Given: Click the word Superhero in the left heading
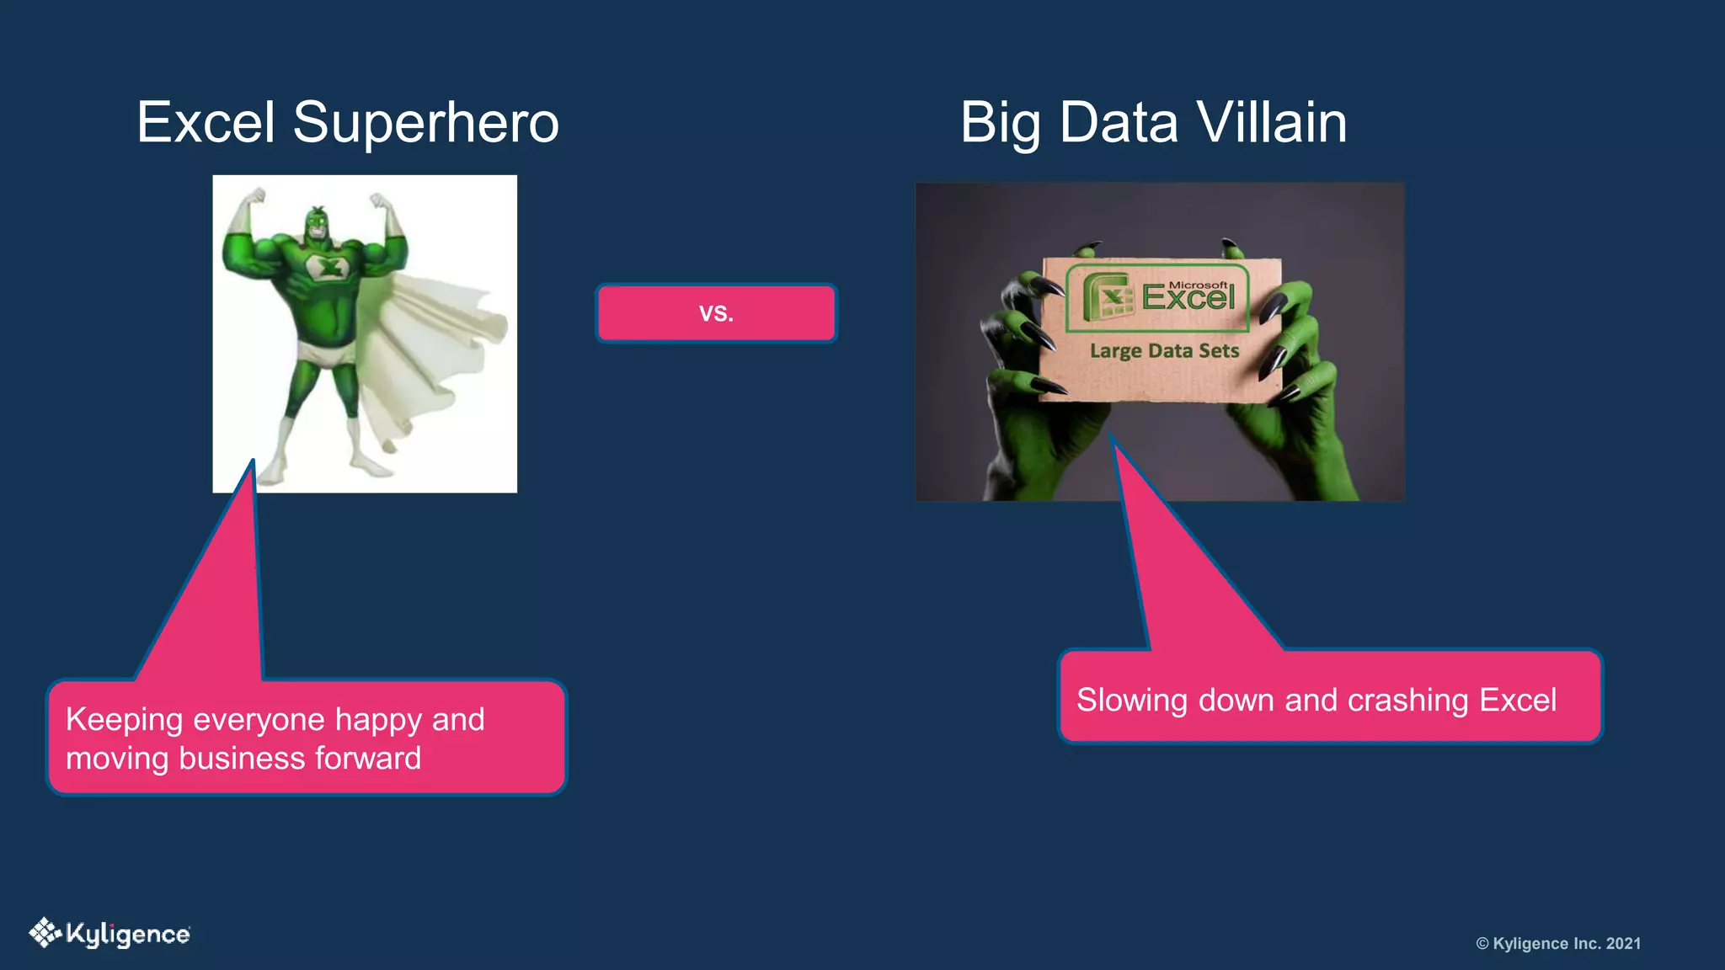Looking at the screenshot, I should tap(425, 123).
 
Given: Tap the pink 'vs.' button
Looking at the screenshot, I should tap(716, 313).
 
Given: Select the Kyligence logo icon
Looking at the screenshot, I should tap(45, 933).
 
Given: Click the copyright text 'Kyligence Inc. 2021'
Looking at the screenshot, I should tap(1567, 943).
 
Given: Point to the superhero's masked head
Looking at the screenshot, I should tap(317, 223).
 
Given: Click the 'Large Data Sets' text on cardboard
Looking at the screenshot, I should tap(1164, 350).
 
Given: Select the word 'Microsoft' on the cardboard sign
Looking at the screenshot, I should tap(1198, 285).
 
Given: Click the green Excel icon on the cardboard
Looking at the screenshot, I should tap(1108, 297).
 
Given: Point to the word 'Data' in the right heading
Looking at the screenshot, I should tap(1119, 123).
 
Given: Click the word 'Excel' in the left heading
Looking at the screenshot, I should tap(206, 123).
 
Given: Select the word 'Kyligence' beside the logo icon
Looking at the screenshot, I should tap(128, 935).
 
